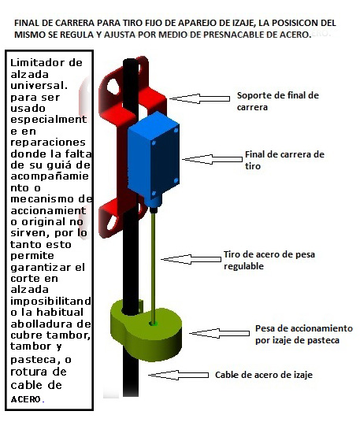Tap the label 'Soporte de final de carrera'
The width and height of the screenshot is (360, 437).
278,101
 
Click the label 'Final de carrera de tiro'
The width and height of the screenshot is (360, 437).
284,160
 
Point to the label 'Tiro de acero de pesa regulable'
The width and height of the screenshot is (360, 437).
269,260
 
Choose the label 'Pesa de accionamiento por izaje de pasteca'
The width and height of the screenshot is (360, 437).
303,334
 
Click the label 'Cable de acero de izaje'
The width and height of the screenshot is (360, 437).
264,375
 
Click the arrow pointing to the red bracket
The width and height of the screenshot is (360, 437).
199,98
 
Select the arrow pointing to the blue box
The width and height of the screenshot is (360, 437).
213,159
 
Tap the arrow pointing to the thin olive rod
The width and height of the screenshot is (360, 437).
191,259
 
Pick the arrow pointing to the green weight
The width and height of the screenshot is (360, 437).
219,333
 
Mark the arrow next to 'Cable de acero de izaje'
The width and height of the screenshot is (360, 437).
178,375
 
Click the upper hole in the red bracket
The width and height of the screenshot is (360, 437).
113,87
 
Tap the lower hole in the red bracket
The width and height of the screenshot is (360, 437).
113,221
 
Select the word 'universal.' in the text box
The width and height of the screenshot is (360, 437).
39,85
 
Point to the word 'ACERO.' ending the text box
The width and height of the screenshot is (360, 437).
28,399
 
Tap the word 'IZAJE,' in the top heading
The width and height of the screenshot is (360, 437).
244,23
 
